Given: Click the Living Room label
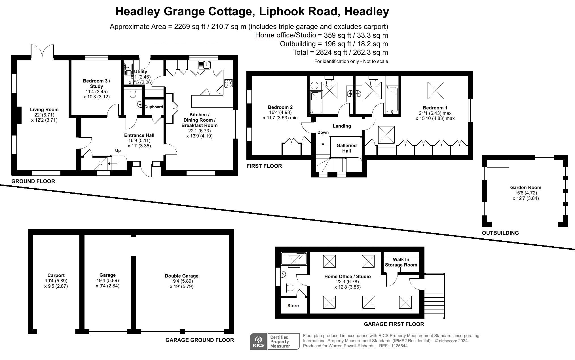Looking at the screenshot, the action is pyautogui.click(x=44, y=109).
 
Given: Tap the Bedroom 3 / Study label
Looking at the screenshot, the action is pyautogui.click(x=96, y=83).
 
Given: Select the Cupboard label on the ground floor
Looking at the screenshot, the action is pyautogui.click(x=154, y=107).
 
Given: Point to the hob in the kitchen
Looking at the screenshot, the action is pyautogui.click(x=228, y=83).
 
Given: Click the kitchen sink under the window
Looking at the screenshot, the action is pyautogui.click(x=204, y=65).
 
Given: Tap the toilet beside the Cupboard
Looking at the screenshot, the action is pyautogui.click(x=133, y=93).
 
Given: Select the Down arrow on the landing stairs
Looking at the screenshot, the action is pyautogui.click(x=323, y=141).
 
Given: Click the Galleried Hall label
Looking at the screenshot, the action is pyautogui.click(x=346, y=148).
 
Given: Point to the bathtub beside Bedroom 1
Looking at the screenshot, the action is pyautogui.click(x=392, y=100).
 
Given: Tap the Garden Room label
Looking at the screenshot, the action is pyautogui.click(x=526, y=187).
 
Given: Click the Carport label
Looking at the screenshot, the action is pyautogui.click(x=56, y=275).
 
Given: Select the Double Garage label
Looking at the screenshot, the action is pyautogui.click(x=181, y=276).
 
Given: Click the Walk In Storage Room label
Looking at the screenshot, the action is pyautogui.click(x=401, y=262).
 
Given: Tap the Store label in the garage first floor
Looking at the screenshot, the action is pyautogui.click(x=293, y=306).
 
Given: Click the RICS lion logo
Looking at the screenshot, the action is pyautogui.click(x=258, y=341).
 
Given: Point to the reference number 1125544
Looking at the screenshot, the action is pyautogui.click(x=399, y=346).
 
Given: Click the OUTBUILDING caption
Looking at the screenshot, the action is pyautogui.click(x=500, y=233).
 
